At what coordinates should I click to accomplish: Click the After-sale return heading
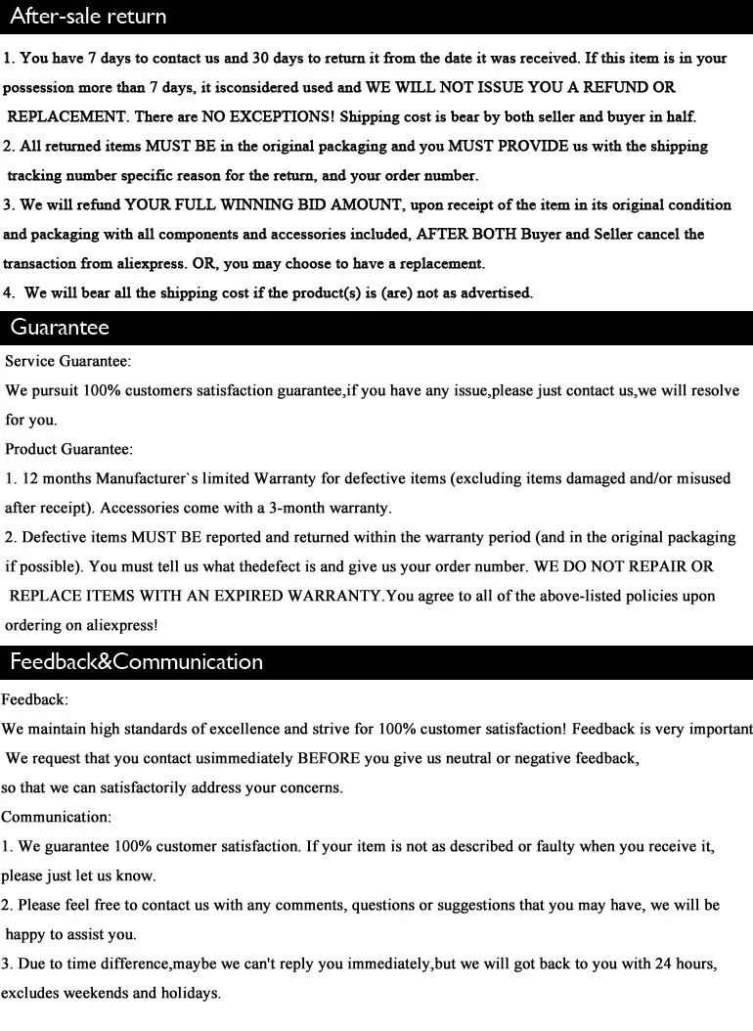point(88,17)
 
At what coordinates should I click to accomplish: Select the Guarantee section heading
point(60,328)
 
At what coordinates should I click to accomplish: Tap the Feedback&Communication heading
point(136,662)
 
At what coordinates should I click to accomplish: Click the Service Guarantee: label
point(68,361)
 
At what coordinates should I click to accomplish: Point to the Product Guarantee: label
point(69,449)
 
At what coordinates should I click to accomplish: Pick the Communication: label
point(57,817)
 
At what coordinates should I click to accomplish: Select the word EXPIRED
point(238,596)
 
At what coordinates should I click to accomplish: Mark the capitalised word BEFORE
point(336,758)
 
